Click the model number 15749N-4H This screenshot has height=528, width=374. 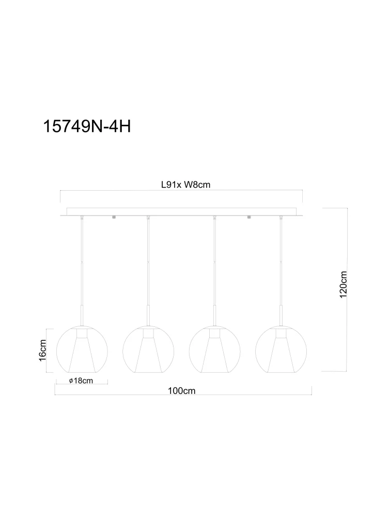click(x=87, y=127)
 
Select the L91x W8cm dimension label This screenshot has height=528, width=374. click(x=185, y=185)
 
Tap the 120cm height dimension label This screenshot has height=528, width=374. click(x=343, y=285)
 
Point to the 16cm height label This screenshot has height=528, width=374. click(x=42, y=351)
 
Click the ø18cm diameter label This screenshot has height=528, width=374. click(x=81, y=381)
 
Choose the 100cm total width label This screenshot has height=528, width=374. click(x=182, y=391)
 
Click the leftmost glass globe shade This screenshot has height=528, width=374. click(x=82, y=350)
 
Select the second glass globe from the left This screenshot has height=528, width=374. click(x=148, y=350)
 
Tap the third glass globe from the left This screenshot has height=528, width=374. click(x=215, y=350)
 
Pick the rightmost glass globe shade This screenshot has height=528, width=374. click(x=281, y=350)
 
